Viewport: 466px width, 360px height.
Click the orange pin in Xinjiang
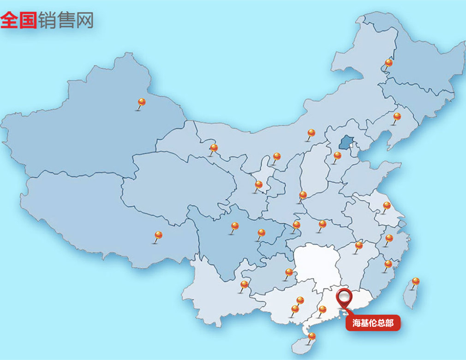click(142, 102)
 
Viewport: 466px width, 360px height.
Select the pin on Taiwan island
click(415, 281)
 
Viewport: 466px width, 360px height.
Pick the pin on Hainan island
click(312, 336)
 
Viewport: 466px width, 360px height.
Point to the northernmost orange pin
click(388, 63)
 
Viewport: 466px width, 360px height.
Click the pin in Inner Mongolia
click(311, 134)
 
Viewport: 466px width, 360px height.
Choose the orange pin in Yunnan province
click(245, 285)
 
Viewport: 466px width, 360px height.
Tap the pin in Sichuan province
click(235, 226)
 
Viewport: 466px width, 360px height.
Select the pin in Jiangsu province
click(387, 206)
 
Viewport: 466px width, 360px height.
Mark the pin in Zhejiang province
click(389, 238)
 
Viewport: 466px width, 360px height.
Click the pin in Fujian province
click(388, 264)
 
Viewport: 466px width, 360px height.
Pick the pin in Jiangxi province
click(359, 245)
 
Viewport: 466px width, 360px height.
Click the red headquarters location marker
click(344, 297)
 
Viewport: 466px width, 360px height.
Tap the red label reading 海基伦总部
click(373, 323)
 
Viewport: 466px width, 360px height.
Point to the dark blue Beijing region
click(346, 142)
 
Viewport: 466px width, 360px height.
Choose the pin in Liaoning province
click(397, 116)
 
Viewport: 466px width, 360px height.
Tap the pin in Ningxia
click(276, 157)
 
